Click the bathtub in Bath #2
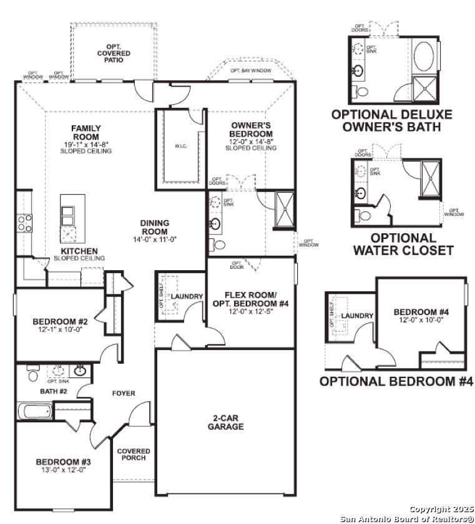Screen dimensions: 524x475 click(35, 411)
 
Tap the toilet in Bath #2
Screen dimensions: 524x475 click(32, 374)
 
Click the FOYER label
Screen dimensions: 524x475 click(124, 393)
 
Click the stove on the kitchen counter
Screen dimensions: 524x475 click(24, 223)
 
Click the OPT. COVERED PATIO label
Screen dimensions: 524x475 click(114, 54)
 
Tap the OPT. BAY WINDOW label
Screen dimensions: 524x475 click(250, 71)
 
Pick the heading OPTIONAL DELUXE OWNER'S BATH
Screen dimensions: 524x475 click(391, 120)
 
